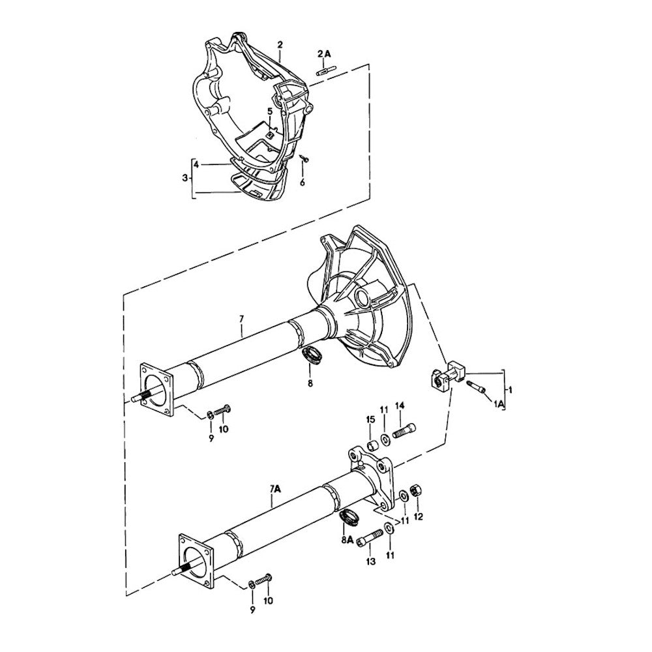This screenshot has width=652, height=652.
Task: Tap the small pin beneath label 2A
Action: [x=325, y=70]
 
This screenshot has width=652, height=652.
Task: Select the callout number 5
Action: [x=269, y=112]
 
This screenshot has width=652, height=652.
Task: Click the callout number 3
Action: [x=185, y=177]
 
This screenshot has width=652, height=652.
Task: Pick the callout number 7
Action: [x=241, y=319]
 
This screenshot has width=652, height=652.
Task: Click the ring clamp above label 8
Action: [x=313, y=357]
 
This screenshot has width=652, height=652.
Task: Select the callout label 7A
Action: [x=274, y=487]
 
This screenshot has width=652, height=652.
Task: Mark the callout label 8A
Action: [x=348, y=541]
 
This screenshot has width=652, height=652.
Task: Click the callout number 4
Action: [x=196, y=164]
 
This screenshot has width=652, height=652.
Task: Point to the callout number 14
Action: [x=400, y=406]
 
